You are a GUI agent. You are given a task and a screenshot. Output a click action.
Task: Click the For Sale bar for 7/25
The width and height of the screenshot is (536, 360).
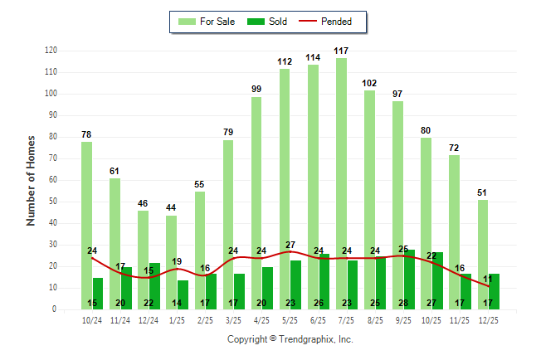341,182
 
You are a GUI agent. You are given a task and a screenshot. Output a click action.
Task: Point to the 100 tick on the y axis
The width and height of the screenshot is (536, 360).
51,94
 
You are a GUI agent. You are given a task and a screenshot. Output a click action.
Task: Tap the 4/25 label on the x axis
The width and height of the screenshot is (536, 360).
262,320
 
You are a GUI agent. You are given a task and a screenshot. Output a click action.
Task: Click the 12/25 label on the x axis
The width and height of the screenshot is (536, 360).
489,320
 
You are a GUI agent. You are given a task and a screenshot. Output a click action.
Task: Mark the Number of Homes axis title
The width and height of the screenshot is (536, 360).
31,180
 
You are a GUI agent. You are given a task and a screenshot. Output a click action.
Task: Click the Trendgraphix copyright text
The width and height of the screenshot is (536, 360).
290,339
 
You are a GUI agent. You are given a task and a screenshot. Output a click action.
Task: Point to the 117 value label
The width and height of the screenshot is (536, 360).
341,51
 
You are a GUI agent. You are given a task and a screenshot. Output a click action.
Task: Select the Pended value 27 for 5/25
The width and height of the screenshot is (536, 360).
290,246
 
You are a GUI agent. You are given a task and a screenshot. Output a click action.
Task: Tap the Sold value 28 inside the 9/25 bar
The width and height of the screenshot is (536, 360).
410,303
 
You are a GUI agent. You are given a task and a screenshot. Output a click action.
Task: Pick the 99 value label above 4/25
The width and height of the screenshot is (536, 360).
256,90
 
